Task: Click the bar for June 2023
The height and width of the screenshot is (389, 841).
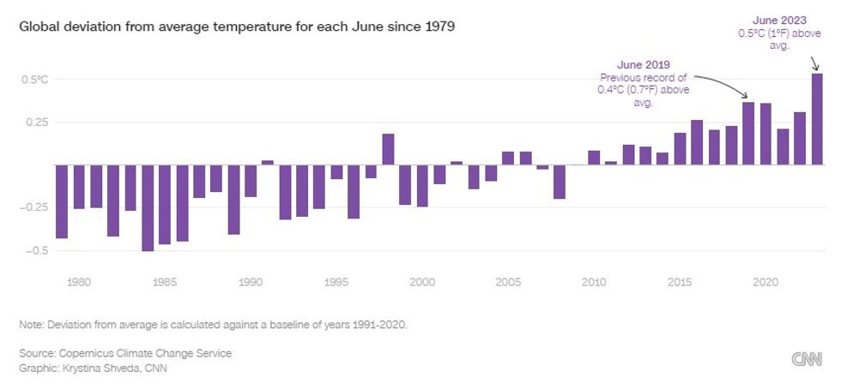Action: [x=817, y=119]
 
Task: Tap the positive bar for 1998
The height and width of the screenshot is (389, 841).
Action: [x=388, y=149]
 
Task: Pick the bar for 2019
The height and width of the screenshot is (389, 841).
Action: [x=748, y=134]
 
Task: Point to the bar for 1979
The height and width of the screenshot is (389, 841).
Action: [x=62, y=201]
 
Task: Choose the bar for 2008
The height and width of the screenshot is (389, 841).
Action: [x=560, y=182]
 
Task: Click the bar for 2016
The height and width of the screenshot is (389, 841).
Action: [x=697, y=142]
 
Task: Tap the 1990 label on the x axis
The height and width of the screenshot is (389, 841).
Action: [x=251, y=281]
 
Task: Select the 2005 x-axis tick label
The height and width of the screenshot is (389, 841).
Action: [x=508, y=281]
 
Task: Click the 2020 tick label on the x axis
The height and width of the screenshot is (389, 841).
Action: [x=765, y=281]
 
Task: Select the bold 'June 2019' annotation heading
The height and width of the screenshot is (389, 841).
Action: [x=643, y=64]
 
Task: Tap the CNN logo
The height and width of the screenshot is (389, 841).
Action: [x=806, y=360]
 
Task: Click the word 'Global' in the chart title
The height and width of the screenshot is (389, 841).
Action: [x=37, y=27]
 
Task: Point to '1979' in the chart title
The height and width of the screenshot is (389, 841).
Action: [x=440, y=27]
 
